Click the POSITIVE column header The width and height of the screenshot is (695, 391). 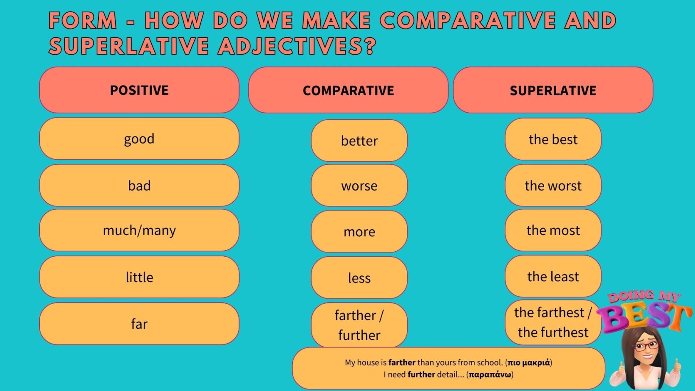[x=139, y=90]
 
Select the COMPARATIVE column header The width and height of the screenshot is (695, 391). [x=348, y=90]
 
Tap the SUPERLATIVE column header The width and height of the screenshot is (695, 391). [x=553, y=90]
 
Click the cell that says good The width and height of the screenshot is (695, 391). [x=139, y=138]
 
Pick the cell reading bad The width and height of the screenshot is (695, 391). [x=139, y=185]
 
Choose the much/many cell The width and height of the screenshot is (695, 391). [x=139, y=230]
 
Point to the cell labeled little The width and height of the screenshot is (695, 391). [x=139, y=277]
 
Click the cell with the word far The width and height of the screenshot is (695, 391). [x=139, y=324]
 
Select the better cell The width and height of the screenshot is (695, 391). [x=359, y=141]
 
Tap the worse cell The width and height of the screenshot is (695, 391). [x=359, y=186]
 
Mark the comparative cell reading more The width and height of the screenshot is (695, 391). [x=359, y=231]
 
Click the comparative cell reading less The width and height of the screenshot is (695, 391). [x=359, y=277]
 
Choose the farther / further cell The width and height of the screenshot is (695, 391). [x=359, y=325]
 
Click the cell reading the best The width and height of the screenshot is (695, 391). [x=553, y=139]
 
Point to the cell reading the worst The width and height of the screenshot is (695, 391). [x=553, y=186]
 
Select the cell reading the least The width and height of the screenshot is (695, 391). [x=553, y=276]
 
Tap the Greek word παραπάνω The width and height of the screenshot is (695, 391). [x=489, y=374]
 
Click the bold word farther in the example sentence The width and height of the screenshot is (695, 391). [x=402, y=362]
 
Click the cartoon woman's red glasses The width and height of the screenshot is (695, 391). [x=647, y=345]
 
